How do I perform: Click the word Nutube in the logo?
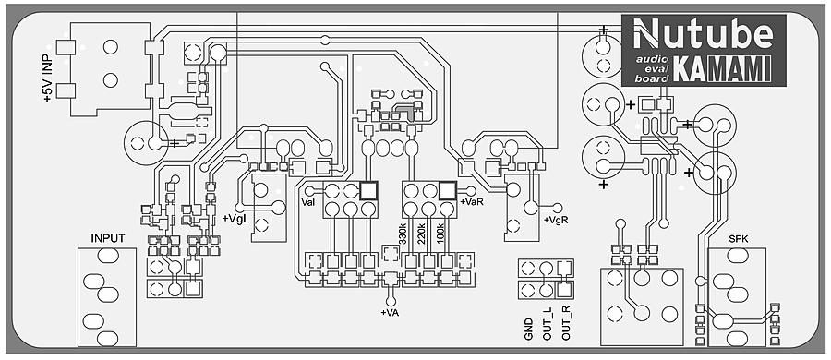click(x=704, y=34)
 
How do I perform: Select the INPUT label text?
click(x=108, y=238)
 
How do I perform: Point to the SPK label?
click(x=739, y=240)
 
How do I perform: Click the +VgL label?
click(x=235, y=219)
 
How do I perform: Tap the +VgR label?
click(x=556, y=220)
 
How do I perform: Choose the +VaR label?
click(x=471, y=202)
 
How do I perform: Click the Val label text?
click(x=308, y=202)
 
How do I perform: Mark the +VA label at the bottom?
click(x=390, y=312)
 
